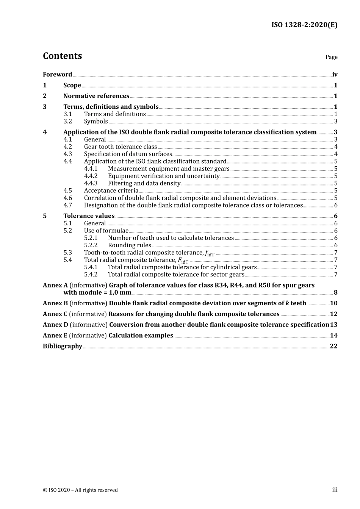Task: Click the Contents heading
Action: click(62, 56)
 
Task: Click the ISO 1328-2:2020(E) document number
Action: click(304, 25)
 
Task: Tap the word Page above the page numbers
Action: click(331, 57)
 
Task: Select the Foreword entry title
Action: click(57, 75)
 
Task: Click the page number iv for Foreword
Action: click(335, 75)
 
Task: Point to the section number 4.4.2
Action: click(91, 176)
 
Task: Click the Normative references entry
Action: click(96, 96)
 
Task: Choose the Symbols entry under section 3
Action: click(96, 122)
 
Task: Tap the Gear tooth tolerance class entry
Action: click(120, 147)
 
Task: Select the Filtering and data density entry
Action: click(144, 183)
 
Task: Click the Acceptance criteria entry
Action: click(111, 191)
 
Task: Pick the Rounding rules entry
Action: click(129, 245)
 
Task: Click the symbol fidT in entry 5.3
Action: click(210, 253)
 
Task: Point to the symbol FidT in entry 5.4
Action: click(183, 261)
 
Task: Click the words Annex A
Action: click(55, 285)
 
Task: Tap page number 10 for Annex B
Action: click(333, 303)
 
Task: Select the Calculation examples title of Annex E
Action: click(141, 336)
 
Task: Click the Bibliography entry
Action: click(63, 346)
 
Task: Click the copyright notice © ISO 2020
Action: click(80, 490)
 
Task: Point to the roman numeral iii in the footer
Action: click(335, 490)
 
